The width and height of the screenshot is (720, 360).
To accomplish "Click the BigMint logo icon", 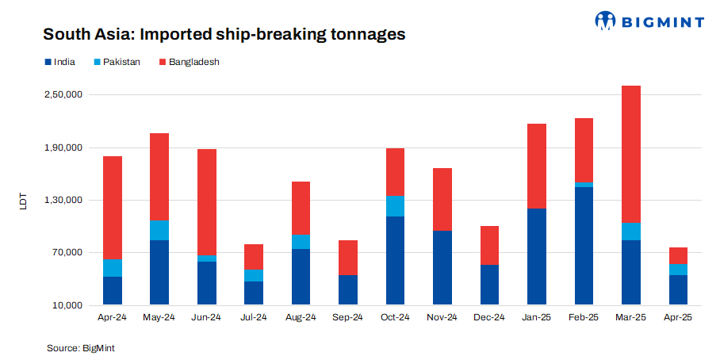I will coord(606,21).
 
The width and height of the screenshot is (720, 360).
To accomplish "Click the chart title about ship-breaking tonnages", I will coord(224,35).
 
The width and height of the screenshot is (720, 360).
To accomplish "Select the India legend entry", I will coord(59,61).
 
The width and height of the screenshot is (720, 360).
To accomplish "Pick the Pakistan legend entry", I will coord(117,61).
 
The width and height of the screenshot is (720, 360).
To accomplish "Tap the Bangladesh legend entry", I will coord(188,61).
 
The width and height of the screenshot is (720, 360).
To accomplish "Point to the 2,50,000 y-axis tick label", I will coord(62,95).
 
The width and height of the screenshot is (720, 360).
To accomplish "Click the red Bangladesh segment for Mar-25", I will coord(631,154).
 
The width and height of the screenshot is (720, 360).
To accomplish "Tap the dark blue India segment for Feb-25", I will coord(584,246).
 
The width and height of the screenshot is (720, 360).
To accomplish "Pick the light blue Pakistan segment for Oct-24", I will coord(395,206).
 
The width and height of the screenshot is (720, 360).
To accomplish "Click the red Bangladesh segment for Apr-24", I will coord(113,208).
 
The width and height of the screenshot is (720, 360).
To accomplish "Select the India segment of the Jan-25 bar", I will coord(537,257).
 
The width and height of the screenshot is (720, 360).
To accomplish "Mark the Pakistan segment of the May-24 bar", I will coord(159,230).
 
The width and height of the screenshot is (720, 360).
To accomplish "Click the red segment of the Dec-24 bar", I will coord(489,245).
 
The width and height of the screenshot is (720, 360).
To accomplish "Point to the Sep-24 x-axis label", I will coord(348,317).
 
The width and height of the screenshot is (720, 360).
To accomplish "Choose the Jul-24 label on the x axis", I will coord(254,317).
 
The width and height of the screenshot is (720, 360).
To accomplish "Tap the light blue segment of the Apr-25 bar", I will coord(678,270).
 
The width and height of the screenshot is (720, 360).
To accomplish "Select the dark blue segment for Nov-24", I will coord(442,268).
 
